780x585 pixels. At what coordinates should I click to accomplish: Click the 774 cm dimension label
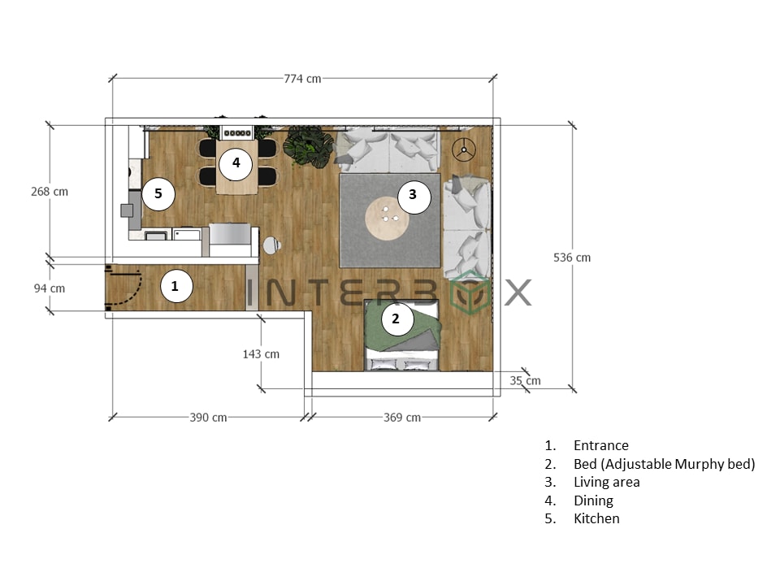coord(302,79)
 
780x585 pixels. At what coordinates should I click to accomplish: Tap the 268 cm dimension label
coord(49,192)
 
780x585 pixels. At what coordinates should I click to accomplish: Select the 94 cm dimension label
coord(49,288)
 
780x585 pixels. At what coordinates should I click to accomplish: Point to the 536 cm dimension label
coord(572,258)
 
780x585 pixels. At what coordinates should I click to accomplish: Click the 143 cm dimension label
coord(261,354)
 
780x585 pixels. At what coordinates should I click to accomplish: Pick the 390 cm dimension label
coord(209,418)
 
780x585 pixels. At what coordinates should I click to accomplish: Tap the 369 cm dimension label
coord(402,418)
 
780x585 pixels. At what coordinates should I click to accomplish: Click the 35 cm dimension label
coord(525,380)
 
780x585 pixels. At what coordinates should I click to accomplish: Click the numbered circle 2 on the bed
coord(396,318)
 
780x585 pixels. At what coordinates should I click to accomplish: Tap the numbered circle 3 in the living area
coord(413,194)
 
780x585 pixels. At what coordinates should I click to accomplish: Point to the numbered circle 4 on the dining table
coord(236,162)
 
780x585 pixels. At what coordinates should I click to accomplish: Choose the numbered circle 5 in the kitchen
coord(158,193)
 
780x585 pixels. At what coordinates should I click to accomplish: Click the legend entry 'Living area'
coord(606,482)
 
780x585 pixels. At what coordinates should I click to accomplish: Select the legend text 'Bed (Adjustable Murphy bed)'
coord(664,464)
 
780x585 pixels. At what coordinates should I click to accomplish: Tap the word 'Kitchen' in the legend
coord(596,518)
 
